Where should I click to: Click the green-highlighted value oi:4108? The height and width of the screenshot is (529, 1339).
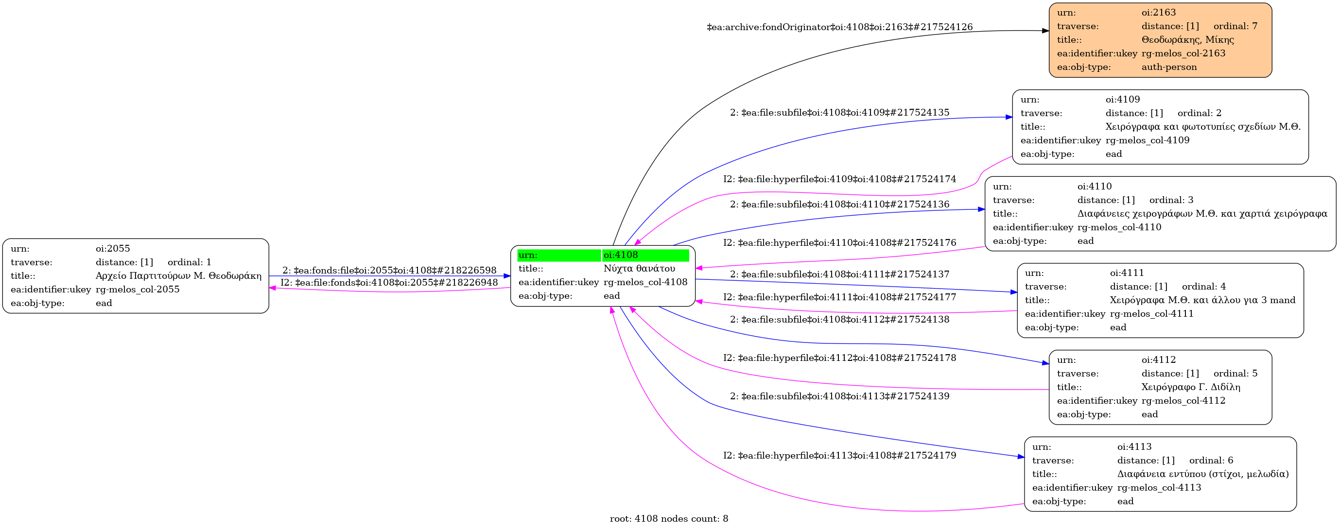[621, 255]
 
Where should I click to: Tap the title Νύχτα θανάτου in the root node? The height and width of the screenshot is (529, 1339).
[639, 269]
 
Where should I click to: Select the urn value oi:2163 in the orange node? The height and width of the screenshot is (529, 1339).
[1159, 13]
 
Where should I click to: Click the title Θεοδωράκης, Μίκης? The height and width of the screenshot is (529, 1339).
[1187, 39]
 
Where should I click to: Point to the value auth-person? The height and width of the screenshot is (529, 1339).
[1169, 67]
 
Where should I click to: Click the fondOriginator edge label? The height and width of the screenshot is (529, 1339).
[839, 27]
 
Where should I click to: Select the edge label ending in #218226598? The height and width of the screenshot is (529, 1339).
[389, 270]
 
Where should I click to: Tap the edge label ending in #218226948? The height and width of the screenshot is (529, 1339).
[389, 283]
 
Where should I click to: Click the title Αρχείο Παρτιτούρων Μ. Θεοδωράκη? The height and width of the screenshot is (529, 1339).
[178, 276]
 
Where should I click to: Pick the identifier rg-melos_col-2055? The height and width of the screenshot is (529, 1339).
[137, 290]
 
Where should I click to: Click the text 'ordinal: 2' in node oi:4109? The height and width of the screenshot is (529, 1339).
[1199, 113]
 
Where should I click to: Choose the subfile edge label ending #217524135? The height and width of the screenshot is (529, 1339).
[839, 113]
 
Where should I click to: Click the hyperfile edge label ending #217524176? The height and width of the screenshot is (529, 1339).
[839, 243]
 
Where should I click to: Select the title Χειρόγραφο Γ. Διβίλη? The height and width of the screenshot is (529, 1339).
[1191, 387]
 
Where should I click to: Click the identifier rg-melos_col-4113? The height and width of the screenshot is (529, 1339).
[1159, 487]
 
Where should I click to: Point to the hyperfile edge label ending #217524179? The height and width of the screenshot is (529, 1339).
[839, 456]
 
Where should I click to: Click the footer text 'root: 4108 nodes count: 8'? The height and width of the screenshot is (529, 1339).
[668, 519]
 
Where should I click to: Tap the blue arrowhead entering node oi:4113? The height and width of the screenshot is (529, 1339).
[1021, 457]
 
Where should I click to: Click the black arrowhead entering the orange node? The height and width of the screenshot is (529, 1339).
[1045, 31]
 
